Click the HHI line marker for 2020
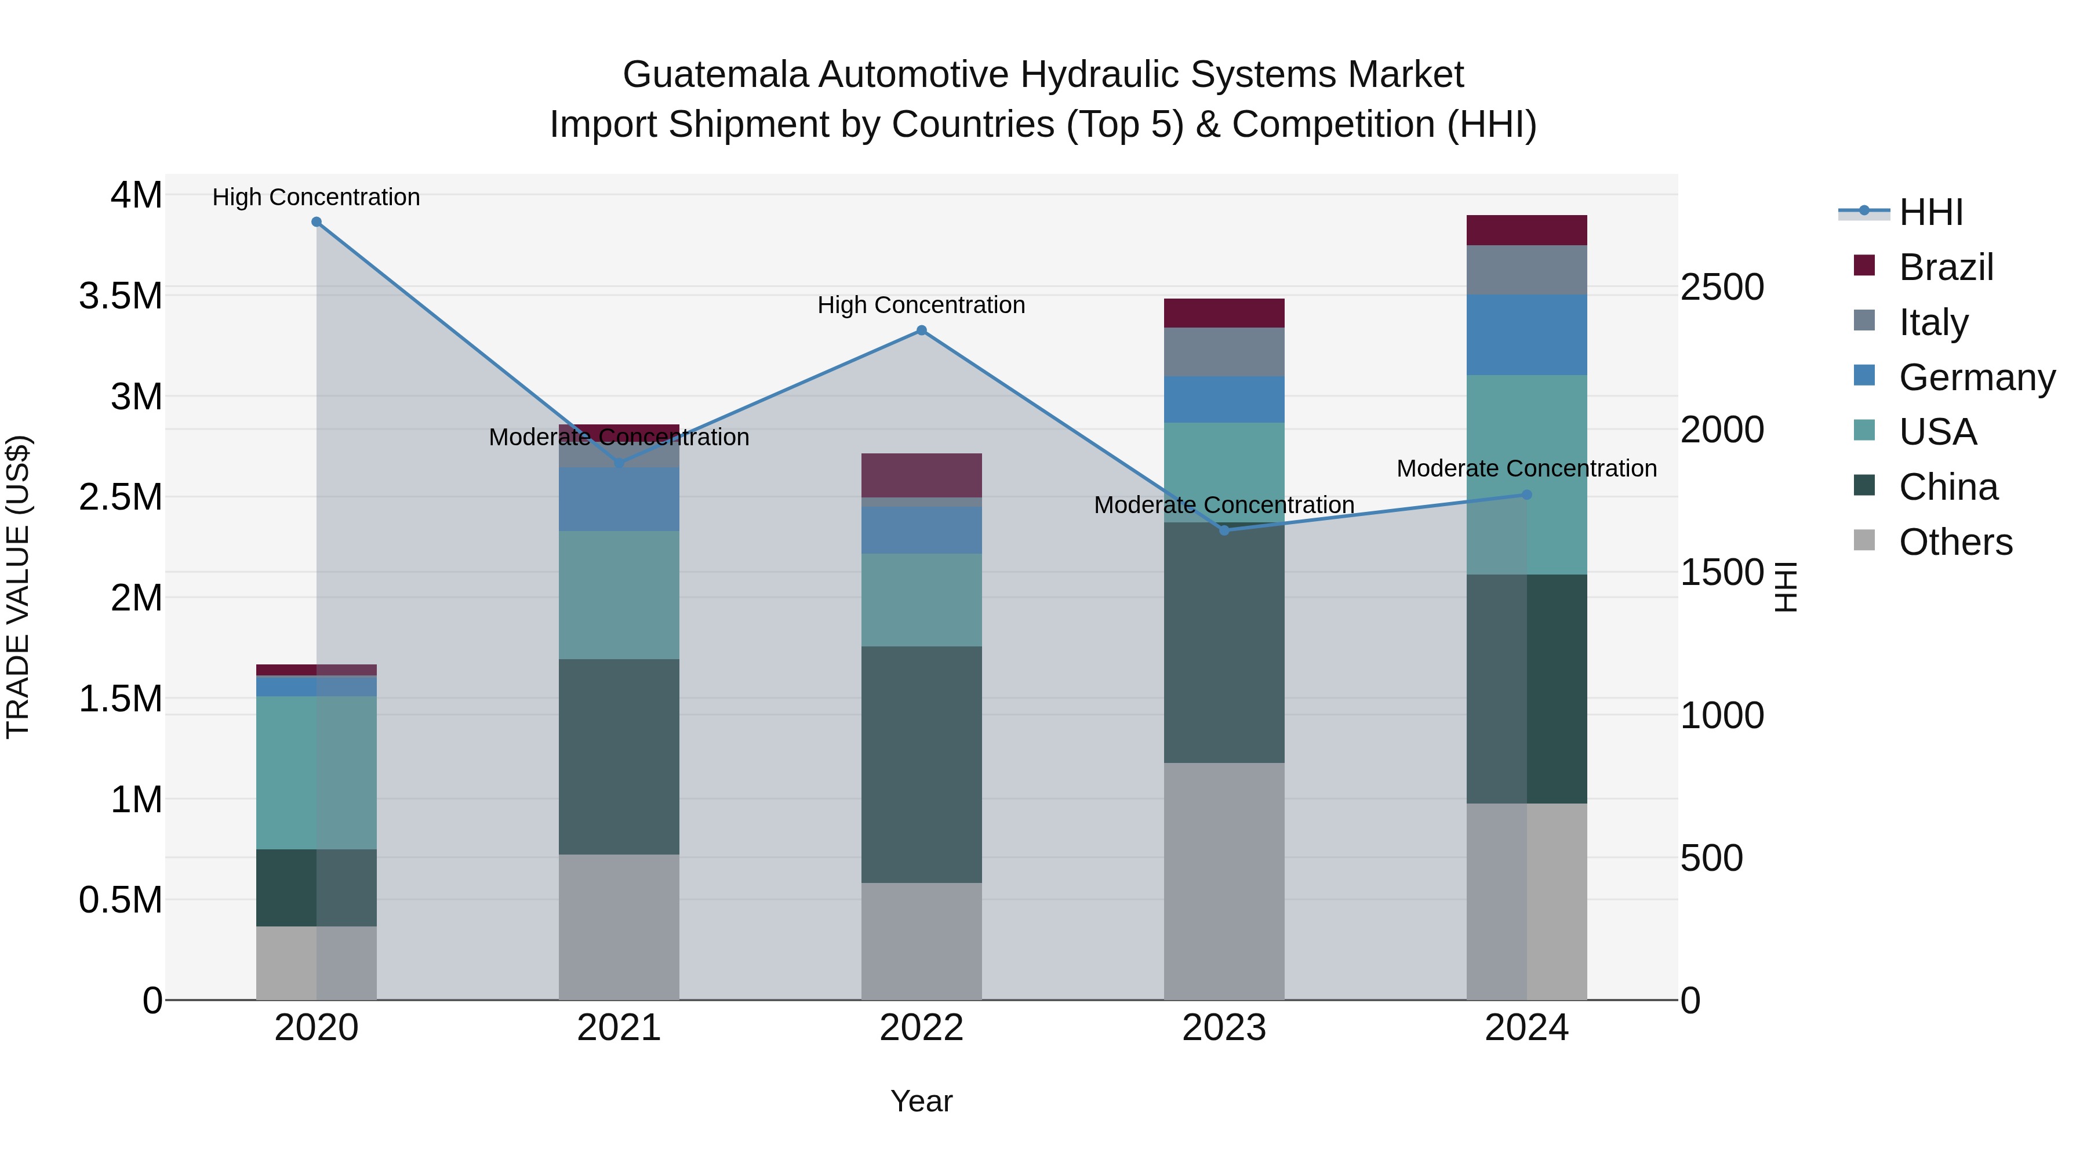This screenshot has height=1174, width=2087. (317, 222)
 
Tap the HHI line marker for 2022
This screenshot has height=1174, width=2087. (921, 330)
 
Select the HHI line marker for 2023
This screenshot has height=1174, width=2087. (1224, 530)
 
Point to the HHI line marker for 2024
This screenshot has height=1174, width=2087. (1526, 495)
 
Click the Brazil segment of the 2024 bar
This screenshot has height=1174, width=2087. (1526, 230)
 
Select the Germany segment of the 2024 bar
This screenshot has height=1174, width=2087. (1526, 335)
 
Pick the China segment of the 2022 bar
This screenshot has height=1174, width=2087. (921, 764)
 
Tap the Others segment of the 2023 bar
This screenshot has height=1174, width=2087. (1224, 881)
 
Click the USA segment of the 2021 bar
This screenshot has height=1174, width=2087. (619, 595)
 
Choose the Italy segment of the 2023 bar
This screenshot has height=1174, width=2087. (1224, 352)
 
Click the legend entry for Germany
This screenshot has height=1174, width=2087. (1976, 377)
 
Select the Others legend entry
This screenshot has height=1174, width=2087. (1954, 542)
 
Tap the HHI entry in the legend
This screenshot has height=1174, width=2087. (1930, 212)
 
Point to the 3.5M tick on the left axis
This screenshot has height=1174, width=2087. (120, 296)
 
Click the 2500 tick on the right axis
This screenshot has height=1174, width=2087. (1722, 288)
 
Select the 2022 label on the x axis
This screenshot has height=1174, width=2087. (921, 1028)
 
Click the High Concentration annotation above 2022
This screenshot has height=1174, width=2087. (921, 306)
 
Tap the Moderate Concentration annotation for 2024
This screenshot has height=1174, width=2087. (1526, 468)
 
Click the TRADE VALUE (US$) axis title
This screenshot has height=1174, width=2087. (18, 587)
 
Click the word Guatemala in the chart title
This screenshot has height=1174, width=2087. (715, 75)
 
